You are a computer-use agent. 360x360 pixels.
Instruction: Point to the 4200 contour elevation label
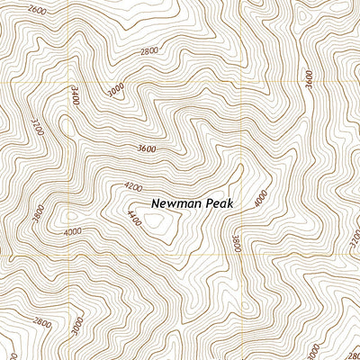pos(133,187)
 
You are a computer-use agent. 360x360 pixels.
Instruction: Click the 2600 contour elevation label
pos(37,10)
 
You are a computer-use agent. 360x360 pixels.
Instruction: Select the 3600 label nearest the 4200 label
pos(147,148)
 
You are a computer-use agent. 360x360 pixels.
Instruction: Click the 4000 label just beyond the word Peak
pos(261,199)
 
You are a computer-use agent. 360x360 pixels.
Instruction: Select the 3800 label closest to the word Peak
pos(236,243)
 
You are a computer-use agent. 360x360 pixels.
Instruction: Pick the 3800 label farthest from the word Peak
pos(38,214)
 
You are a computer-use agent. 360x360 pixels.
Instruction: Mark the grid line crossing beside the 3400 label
pos(69,82)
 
